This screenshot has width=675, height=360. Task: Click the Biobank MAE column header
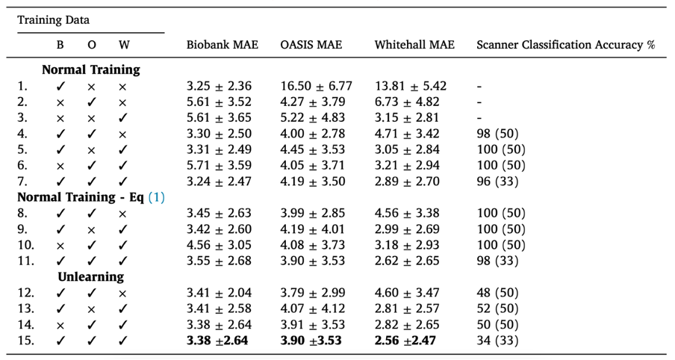pos(222,45)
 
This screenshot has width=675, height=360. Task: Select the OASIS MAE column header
pos(311,45)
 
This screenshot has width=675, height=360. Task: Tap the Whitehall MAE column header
pos(414,45)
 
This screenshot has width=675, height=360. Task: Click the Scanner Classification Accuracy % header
pos(565,45)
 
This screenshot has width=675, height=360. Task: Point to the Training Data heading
pos(54,20)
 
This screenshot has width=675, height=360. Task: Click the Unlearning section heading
pos(91,276)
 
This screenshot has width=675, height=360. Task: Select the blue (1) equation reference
pos(156,196)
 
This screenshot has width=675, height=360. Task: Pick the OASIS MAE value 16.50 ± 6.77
pos(316,86)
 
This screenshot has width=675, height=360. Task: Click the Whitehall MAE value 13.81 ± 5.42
pos(410,86)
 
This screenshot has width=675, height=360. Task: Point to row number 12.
pos(24,293)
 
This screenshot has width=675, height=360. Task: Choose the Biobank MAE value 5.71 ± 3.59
pos(219,165)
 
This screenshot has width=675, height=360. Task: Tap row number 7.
pos(22,181)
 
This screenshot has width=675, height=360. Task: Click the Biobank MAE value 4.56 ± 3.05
pos(219,244)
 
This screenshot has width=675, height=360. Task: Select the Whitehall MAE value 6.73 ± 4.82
pos(407,102)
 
